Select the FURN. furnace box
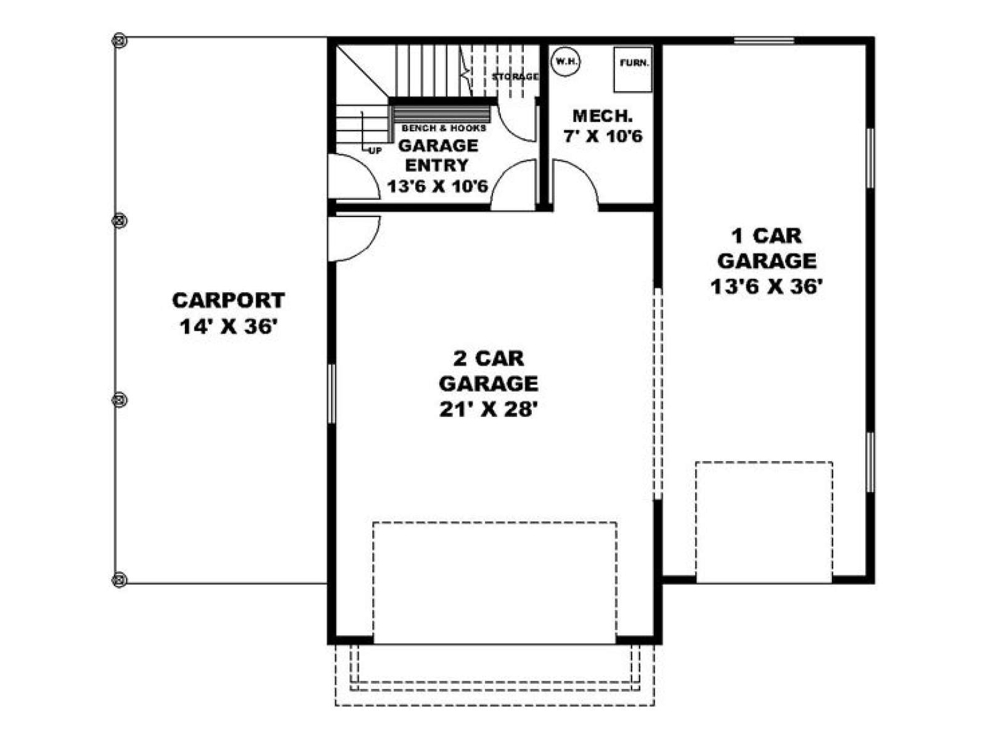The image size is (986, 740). pos(633,70)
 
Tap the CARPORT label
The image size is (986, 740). pos(228,300)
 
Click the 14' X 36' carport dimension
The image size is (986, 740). pos(227,327)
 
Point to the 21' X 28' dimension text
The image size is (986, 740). pos(489,409)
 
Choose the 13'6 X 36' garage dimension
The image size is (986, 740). pos(767,286)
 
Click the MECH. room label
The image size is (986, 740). pos(603,116)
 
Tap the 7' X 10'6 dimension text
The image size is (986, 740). pos(603,136)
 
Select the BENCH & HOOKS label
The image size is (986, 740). pos(444,128)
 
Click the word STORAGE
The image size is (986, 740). pos(515,76)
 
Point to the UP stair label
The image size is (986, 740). pos(375,151)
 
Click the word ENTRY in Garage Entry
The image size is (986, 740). pos(437,165)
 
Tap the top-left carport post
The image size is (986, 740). pos(119,41)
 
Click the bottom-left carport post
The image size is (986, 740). pos(119,580)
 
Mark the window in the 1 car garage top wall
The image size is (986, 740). pos(764,41)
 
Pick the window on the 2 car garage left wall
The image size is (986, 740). pos(332,393)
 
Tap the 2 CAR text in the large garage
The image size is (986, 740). pos(489,358)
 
